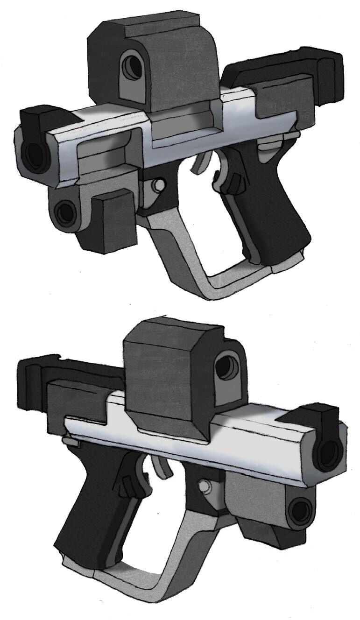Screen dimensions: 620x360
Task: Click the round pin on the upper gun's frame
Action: [x=159, y=185]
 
